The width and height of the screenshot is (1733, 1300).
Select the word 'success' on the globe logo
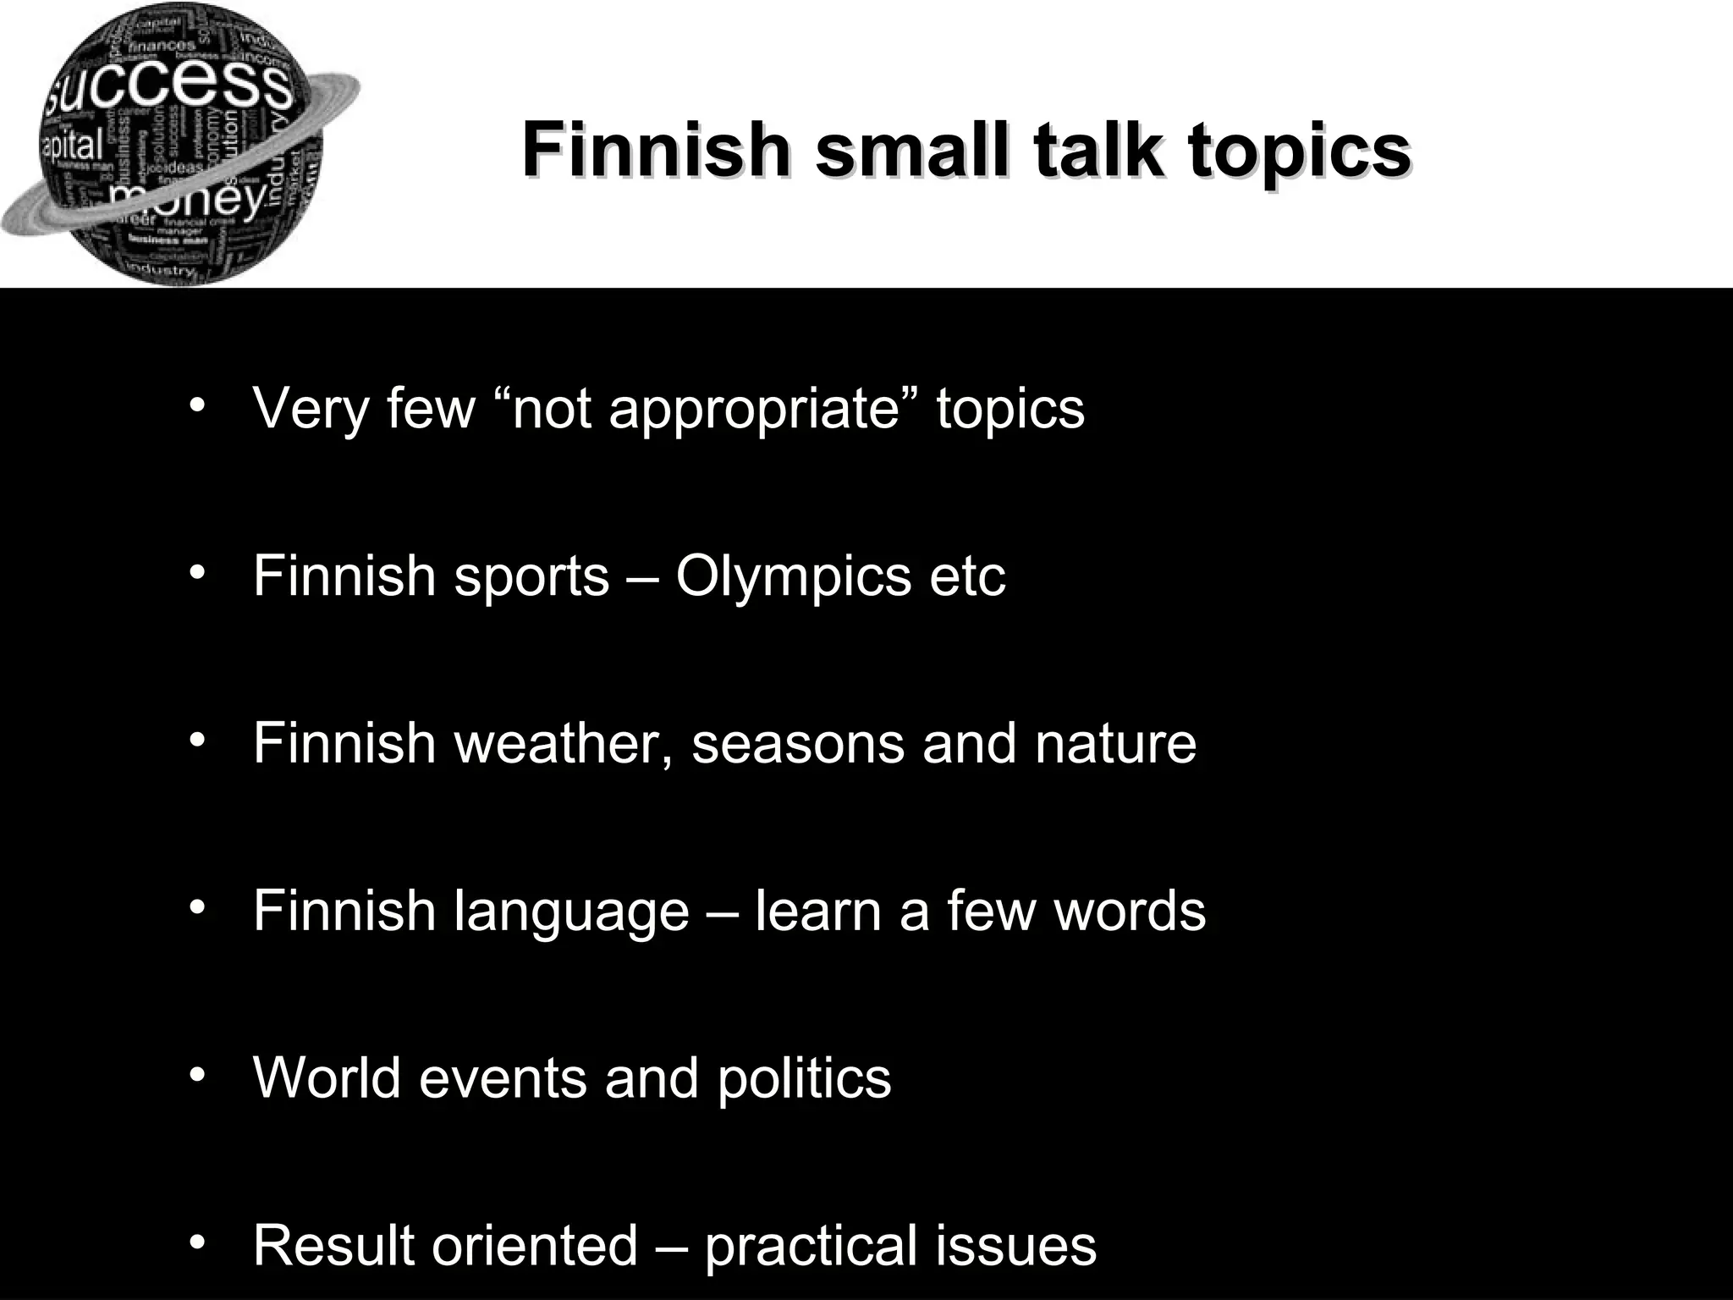point(169,91)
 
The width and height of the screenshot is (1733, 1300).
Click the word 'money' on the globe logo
point(188,200)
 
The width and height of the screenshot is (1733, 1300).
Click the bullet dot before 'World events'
point(198,1074)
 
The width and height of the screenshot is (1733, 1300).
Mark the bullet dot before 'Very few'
point(198,404)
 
